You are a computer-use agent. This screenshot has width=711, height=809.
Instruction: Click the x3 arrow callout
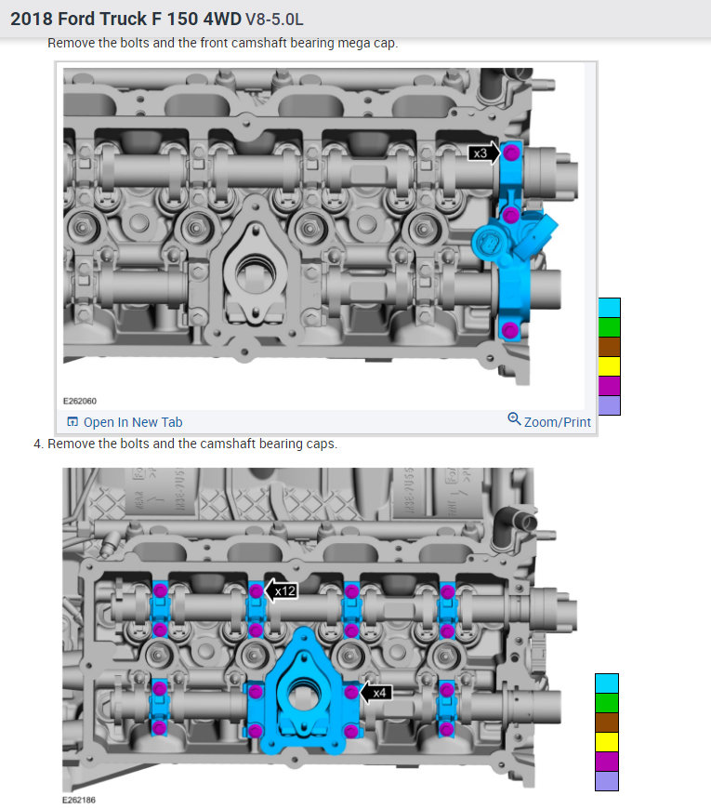pyautogui.click(x=483, y=153)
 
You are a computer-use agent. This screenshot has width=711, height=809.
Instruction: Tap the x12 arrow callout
pyautogui.click(x=281, y=590)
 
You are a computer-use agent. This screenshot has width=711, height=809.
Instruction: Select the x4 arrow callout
pyautogui.click(x=375, y=693)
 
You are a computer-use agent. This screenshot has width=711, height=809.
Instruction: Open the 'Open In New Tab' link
pyautogui.click(x=125, y=422)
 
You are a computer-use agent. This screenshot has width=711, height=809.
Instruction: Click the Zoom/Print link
pyautogui.click(x=549, y=421)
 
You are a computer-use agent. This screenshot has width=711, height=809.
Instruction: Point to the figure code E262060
pyautogui.click(x=79, y=401)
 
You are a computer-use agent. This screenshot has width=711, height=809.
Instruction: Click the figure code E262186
pyautogui.click(x=79, y=800)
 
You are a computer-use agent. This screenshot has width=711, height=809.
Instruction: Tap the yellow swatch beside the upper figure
pyautogui.click(x=609, y=366)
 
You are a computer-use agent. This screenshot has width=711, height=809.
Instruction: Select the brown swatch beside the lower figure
pyautogui.click(x=607, y=723)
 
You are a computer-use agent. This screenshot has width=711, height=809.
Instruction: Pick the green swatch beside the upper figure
pyautogui.click(x=609, y=327)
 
